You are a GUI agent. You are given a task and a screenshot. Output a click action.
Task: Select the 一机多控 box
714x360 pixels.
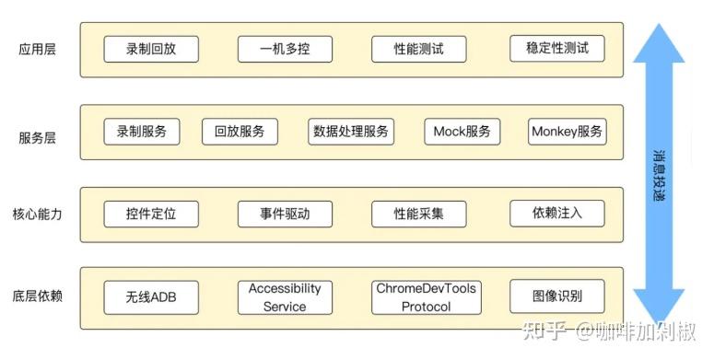[284, 49]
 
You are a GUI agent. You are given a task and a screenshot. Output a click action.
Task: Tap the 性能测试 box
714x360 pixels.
[418, 49]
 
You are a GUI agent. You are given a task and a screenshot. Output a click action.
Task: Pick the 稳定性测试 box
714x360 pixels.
[556, 48]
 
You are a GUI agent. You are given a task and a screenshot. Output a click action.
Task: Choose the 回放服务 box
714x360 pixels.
[240, 132]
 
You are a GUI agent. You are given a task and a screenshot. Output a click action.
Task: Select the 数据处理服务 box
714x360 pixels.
[351, 132]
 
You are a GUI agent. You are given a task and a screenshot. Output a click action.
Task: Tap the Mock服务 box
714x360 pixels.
[462, 132]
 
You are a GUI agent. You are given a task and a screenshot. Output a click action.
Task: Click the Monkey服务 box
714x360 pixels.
[568, 132]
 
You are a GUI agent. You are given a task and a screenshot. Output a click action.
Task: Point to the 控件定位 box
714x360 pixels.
[150, 215]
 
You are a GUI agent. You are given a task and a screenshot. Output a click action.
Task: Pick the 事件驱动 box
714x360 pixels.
[284, 215]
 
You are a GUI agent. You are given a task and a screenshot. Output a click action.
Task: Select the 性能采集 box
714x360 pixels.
[418, 215]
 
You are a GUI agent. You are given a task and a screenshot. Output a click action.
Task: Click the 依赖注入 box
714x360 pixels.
[556, 214]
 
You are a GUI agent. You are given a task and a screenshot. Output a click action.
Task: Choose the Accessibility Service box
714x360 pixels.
[284, 297]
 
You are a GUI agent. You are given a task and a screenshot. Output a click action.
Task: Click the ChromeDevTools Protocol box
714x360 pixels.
[426, 297]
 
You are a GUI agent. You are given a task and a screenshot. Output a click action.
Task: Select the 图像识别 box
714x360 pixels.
[556, 296]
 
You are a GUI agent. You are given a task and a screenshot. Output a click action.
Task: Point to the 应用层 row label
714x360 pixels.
[37, 49]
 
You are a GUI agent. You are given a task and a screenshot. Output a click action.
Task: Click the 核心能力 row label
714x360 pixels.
[37, 215]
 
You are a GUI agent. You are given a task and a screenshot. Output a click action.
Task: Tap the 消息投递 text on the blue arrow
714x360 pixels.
[659, 175]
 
